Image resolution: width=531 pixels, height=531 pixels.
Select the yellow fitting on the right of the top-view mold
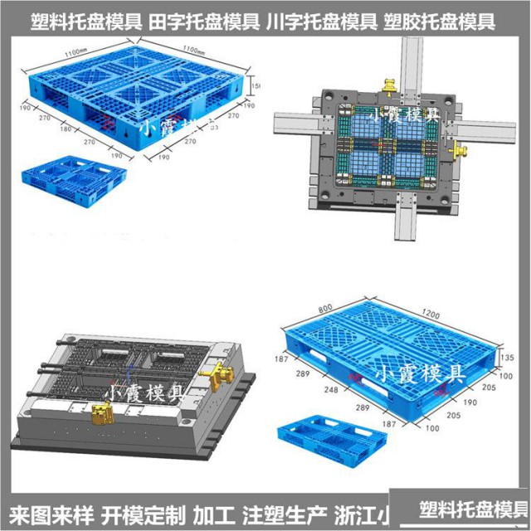(459, 150)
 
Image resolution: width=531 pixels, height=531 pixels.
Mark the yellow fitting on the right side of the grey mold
(218, 374)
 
